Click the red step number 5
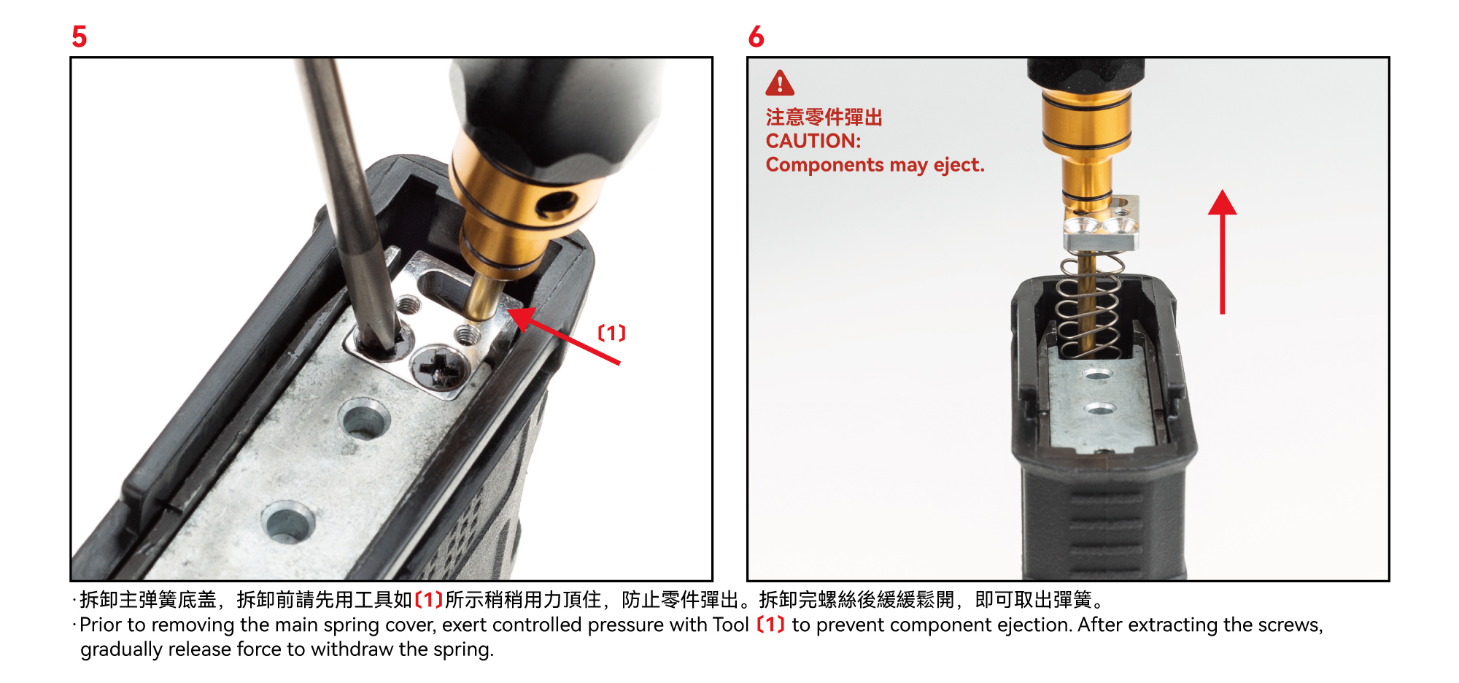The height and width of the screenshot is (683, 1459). pos(80,36)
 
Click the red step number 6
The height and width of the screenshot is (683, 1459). pos(756,36)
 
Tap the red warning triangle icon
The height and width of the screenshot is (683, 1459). pos(780,83)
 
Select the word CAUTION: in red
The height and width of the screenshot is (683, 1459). pos(813,141)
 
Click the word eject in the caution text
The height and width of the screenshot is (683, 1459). pos(959,166)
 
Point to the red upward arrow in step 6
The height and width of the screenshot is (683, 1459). pos(1223,252)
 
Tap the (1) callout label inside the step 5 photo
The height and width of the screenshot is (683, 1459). pos(612,333)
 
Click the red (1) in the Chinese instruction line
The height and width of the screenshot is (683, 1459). pos(429,600)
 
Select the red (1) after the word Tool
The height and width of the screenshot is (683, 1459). pos(770,625)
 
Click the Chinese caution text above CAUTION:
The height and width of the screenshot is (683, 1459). pos(824,117)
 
